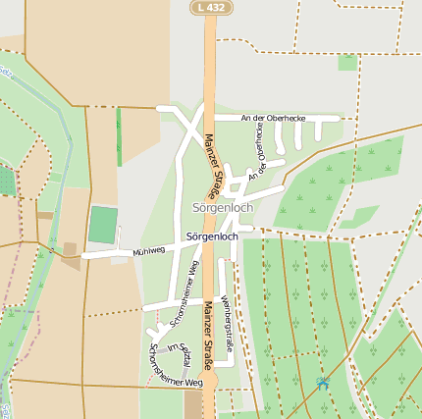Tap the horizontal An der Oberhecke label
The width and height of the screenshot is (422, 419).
273,118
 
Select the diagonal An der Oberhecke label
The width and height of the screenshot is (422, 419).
259,158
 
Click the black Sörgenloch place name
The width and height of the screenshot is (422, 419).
211,237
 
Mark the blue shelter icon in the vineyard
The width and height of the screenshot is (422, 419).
323,384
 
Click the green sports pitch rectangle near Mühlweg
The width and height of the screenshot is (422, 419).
103,225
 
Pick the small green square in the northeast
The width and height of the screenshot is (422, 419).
347,62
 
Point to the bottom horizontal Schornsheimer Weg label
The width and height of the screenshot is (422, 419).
174,380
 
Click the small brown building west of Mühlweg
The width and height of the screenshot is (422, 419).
70,261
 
